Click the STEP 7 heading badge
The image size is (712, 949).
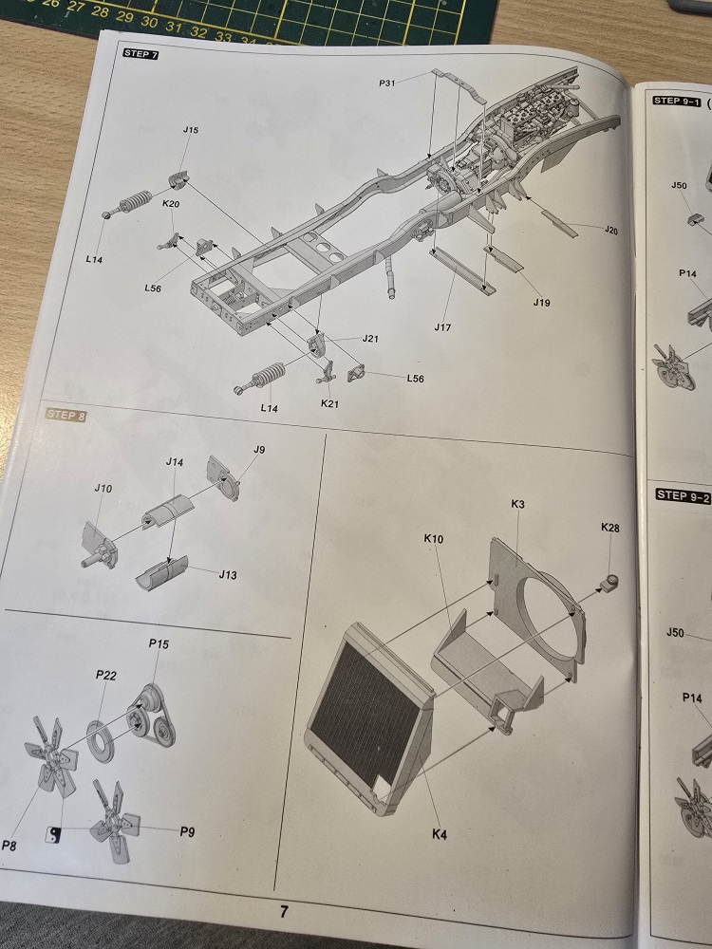tap(141, 54)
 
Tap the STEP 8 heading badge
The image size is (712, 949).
tap(66, 415)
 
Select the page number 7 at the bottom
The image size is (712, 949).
tap(285, 911)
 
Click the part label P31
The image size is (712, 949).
tap(387, 83)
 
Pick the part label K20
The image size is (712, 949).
tap(171, 204)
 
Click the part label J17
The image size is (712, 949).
tap(442, 327)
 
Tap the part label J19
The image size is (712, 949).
tap(542, 302)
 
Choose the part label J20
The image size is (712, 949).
tap(610, 230)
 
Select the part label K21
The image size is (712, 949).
tap(330, 403)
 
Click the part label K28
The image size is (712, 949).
tap(610, 528)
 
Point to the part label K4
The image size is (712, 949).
tap(440, 834)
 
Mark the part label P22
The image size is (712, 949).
tap(106, 675)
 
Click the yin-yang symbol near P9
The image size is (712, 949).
tap(52, 834)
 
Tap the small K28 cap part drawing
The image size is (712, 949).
tap(609, 583)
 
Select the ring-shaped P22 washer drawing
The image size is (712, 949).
tap(100, 741)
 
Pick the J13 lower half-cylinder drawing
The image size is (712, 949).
tap(161, 572)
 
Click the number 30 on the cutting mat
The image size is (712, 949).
tap(149, 23)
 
